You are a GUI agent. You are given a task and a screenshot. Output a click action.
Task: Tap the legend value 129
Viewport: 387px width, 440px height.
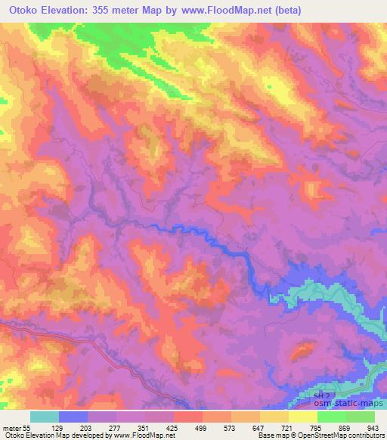[69, 427]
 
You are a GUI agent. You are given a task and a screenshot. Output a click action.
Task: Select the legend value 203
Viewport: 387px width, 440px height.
[97, 427]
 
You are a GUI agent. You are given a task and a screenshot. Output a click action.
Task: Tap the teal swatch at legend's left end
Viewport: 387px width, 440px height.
[45, 417]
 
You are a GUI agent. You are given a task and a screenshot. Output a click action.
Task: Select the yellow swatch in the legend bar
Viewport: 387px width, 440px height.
[303, 417]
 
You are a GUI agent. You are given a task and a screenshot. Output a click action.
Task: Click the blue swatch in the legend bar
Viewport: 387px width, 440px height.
[73, 417]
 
